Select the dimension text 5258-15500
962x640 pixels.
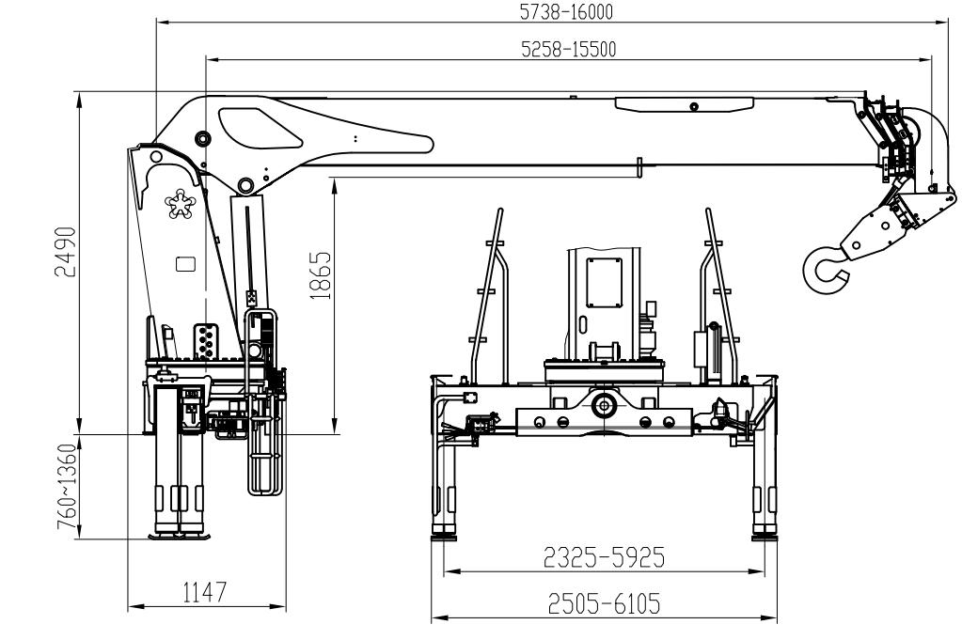[x=569, y=50]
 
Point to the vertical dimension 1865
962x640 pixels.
[x=322, y=275]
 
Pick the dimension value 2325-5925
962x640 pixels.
[x=604, y=558]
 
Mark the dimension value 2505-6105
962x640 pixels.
[x=604, y=602]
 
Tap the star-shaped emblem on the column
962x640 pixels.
[x=179, y=204]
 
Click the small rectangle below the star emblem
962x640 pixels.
[x=185, y=264]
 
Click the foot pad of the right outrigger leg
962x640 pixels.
[x=764, y=538]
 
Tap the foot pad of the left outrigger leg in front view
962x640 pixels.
[x=443, y=538]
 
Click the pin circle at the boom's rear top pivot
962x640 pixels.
[x=201, y=139]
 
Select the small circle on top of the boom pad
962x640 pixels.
[x=693, y=105]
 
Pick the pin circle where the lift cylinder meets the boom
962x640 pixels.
[x=245, y=184]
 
